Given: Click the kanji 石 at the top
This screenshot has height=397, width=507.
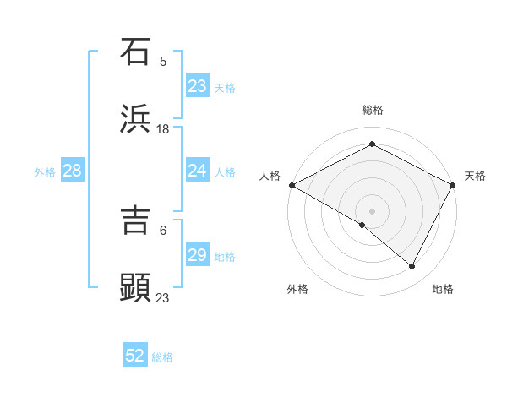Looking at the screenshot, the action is pyautogui.click(x=136, y=52).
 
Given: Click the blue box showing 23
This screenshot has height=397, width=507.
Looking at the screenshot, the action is pyautogui.click(x=198, y=86).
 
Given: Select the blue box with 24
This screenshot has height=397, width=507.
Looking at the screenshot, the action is pyautogui.click(x=198, y=171).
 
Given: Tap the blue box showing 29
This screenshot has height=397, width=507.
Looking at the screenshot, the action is pyautogui.click(x=198, y=256).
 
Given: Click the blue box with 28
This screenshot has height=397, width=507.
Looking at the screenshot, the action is pyautogui.click(x=73, y=171).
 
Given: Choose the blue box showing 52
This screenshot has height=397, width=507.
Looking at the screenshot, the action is pyautogui.click(x=135, y=356).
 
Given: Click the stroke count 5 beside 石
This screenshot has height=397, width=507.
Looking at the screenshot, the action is pyautogui.click(x=163, y=61).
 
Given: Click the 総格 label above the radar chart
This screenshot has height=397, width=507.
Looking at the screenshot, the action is pyautogui.click(x=373, y=110).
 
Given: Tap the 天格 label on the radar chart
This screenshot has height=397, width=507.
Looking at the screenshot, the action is pyautogui.click(x=475, y=176).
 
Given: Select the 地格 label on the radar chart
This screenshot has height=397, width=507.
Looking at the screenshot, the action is pyautogui.click(x=443, y=289).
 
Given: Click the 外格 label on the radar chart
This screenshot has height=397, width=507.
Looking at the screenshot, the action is pyautogui.click(x=297, y=289).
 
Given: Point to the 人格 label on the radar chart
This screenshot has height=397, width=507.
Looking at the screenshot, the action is pyautogui.click(x=270, y=176).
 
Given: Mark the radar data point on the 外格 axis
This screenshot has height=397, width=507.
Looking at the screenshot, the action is pyautogui.click(x=363, y=225).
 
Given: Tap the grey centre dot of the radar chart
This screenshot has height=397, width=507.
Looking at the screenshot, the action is pyautogui.click(x=372, y=210).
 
